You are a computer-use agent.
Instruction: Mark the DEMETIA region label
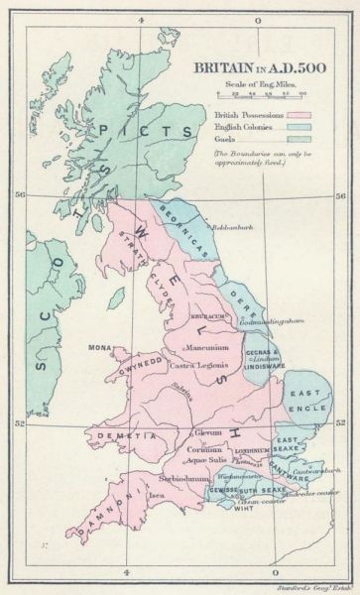pos(116,433)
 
